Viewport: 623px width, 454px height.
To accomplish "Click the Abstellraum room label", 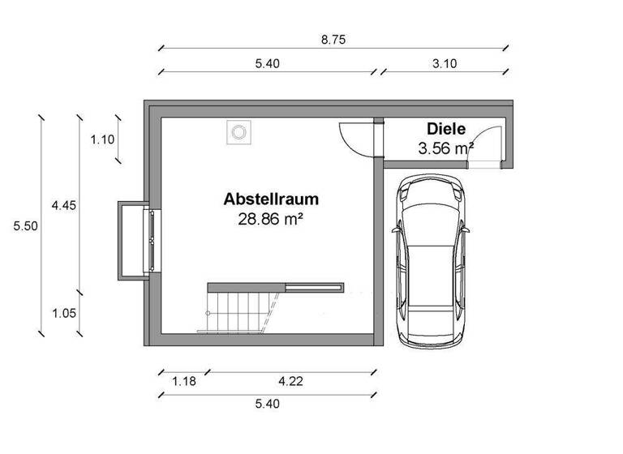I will [271, 199].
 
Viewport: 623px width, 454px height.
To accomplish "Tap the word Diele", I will [445, 129].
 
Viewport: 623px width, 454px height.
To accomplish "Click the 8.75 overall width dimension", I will [333, 39].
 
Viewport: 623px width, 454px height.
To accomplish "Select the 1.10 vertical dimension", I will [102, 139].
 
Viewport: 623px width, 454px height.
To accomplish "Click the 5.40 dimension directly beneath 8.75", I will [267, 64].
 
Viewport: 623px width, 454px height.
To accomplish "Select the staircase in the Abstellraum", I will [240, 311].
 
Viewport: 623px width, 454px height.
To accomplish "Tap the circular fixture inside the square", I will [238, 132].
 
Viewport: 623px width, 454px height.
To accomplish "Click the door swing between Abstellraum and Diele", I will [355, 138].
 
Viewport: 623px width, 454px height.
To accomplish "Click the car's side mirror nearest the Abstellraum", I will [395, 229].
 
